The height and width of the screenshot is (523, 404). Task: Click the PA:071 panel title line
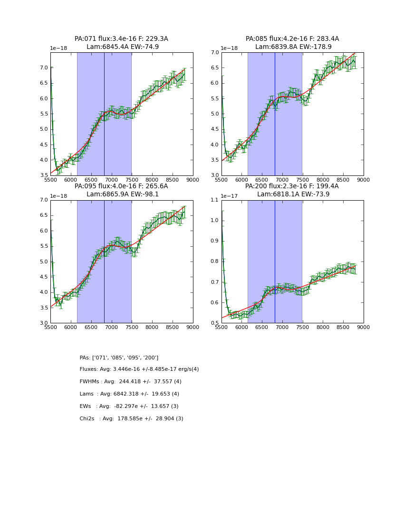point(121,39)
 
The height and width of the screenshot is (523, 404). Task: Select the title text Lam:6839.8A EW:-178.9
point(292,47)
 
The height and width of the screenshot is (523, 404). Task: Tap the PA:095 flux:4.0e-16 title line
point(121,186)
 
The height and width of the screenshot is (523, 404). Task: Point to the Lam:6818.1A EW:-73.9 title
point(292,194)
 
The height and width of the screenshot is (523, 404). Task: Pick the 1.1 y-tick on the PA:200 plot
point(214,200)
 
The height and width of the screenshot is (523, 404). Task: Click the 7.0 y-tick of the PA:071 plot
point(43,68)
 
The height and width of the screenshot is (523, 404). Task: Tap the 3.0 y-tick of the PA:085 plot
point(214,175)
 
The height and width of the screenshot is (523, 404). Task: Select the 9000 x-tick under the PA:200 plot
point(363,328)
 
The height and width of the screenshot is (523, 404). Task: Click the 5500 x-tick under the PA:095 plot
point(50,328)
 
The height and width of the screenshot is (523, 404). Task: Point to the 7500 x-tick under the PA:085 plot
point(302,180)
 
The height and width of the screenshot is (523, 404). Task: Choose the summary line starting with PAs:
point(119,358)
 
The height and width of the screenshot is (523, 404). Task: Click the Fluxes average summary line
point(139,369)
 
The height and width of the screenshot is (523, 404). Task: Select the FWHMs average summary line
point(130,382)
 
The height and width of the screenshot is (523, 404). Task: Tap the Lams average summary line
point(129,394)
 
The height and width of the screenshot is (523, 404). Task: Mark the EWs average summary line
point(129,407)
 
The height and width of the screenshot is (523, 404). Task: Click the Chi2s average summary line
point(131,419)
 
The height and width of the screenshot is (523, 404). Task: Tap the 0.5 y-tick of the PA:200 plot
point(214,323)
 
